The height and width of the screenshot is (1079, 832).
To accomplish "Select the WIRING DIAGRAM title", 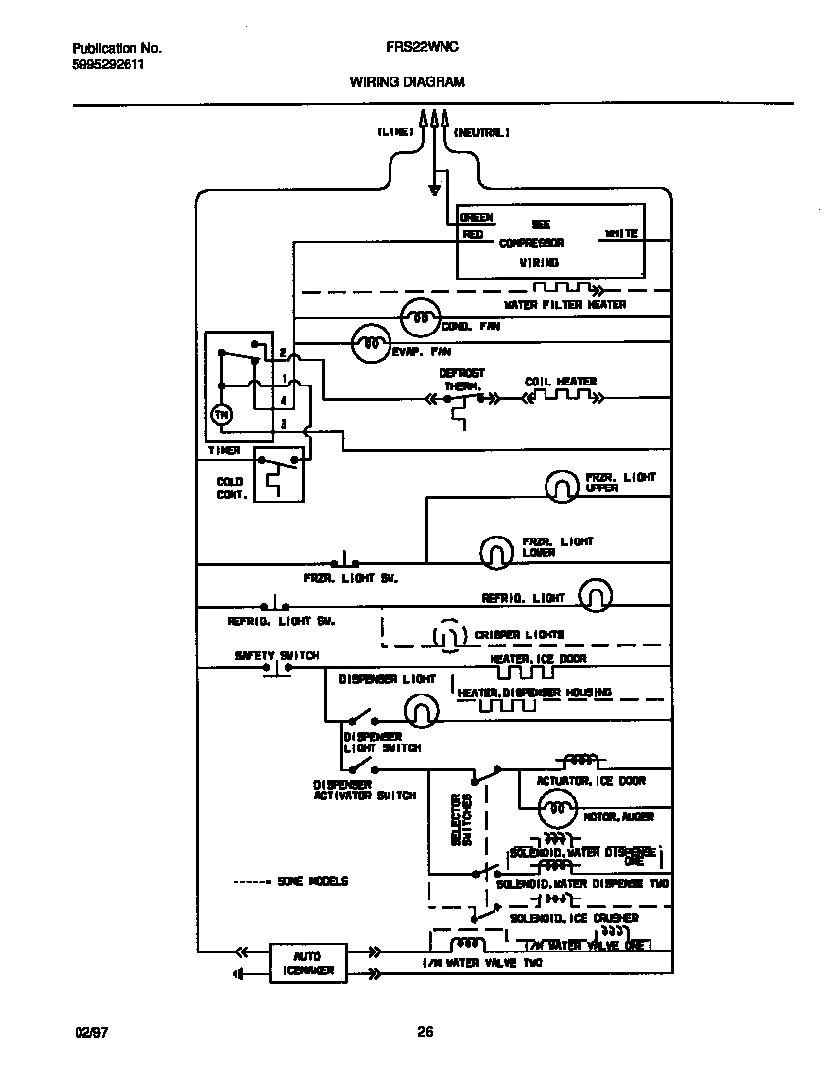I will pyautogui.click(x=407, y=83).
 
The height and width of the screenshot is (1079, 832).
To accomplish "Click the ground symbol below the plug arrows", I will pyautogui.click(x=434, y=188).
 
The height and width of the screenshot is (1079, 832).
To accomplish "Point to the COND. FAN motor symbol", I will pyautogui.click(x=420, y=318).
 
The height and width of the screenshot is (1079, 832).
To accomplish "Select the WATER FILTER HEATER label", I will pyautogui.click(x=565, y=305).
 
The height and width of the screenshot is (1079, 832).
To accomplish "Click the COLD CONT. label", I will pyautogui.click(x=231, y=488).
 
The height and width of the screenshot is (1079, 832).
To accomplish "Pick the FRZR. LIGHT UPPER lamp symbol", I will pyautogui.click(x=563, y=484).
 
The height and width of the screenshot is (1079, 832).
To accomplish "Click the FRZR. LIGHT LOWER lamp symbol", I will pyautogui.click(x=496, y=552).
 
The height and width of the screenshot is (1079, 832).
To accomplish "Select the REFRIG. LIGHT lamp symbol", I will pyautogui.click(x=595, y=593).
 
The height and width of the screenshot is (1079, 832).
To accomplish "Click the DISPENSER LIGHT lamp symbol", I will pyautogui.click(x=420, y=711).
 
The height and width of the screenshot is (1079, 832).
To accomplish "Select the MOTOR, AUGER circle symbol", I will pyautogui.click(x=556, y=809).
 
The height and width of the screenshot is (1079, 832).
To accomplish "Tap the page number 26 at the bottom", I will pyautogui.click(x=425, y=1031).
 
